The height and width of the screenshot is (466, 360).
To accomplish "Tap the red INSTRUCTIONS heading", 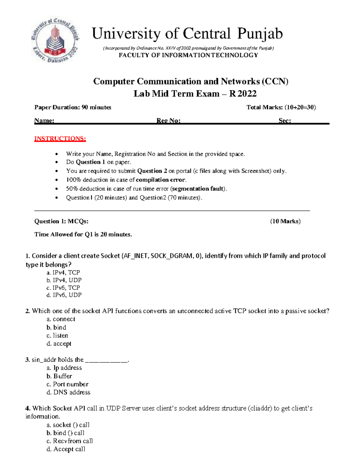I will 60,139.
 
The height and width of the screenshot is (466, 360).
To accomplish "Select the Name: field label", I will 44,121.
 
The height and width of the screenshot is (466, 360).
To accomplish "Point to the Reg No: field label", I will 168,121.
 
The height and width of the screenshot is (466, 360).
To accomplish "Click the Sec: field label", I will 284,121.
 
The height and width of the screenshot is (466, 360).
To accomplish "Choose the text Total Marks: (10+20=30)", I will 281,107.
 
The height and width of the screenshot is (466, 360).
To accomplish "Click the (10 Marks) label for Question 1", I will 285,221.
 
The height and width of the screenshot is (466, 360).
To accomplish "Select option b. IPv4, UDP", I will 64,280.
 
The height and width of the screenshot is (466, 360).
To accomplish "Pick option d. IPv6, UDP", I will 64,295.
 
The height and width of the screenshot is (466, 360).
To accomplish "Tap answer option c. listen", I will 57,335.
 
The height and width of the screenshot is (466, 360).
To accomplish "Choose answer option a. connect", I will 61,319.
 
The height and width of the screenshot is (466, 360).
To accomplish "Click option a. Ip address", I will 64,368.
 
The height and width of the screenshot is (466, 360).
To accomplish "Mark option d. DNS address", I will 68,392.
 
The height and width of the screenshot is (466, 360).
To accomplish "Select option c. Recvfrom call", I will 70,441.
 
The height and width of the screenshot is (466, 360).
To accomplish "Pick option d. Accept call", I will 66,449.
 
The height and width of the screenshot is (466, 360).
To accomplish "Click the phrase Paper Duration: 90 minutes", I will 73,107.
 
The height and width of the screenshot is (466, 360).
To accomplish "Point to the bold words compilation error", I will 161,180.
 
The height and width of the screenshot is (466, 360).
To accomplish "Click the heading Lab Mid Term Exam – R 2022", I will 195,94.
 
